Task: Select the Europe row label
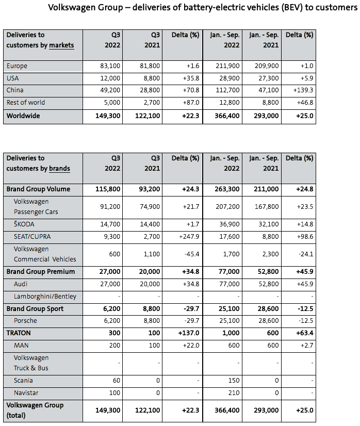(x=17, y=66)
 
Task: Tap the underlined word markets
(x=61, y=45)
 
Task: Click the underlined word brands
(x=59, y=169)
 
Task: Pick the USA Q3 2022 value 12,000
(x=110, y=78)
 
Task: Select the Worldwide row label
(x=23, y=116)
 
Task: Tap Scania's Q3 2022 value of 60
(x=116, y=381)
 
